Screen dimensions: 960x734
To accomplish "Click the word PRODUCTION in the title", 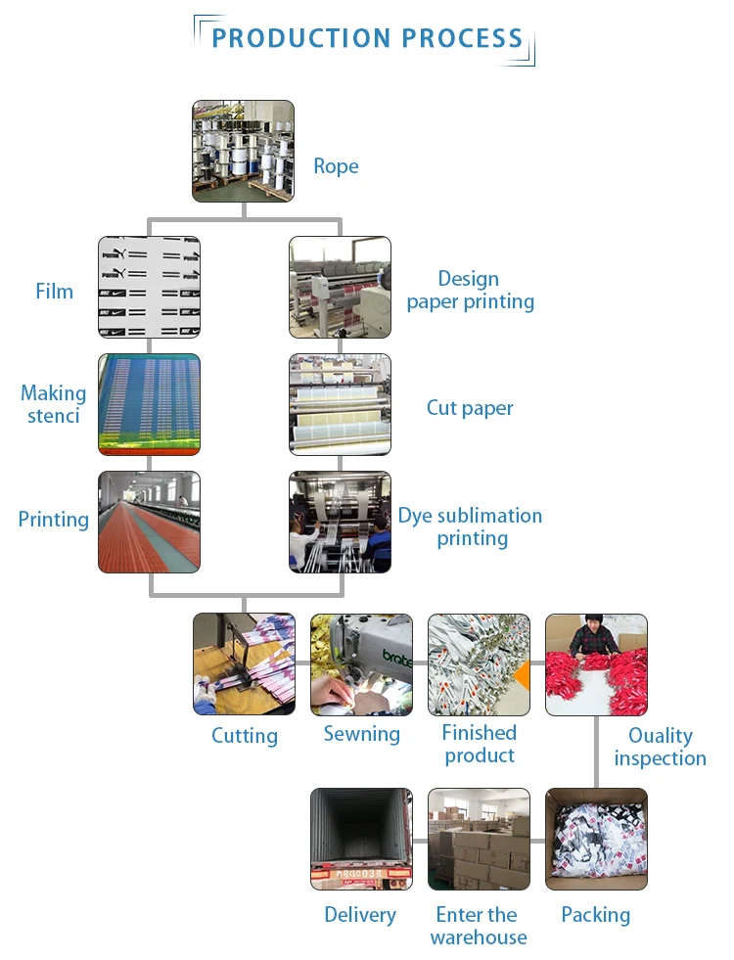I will point(287,39).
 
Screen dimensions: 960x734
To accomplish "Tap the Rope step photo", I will point(243,151).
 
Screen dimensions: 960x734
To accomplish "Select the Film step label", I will point(54,291).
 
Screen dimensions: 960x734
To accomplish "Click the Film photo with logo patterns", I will point(149,287).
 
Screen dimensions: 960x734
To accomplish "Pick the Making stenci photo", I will point(149,404).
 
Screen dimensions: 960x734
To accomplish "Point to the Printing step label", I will point(54,519).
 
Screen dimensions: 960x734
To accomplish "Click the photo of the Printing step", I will point(149,522).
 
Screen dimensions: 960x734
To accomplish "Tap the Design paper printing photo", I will point(340,287).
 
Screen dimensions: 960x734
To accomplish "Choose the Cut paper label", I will point(470,408).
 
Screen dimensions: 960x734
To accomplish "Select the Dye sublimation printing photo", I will point(340,522).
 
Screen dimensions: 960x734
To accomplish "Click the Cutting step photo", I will point(244,663).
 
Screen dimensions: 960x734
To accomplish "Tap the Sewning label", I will point(362,734).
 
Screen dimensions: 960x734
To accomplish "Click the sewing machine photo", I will point(361,663).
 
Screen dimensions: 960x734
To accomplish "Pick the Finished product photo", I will point(479,663).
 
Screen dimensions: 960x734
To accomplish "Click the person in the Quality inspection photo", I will point(594,637).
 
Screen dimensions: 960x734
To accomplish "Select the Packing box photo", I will point(596,839).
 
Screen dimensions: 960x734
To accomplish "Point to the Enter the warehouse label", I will point(478,926).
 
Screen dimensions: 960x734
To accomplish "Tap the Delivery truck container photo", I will point(361,839).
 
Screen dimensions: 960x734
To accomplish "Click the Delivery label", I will point(360,915).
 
